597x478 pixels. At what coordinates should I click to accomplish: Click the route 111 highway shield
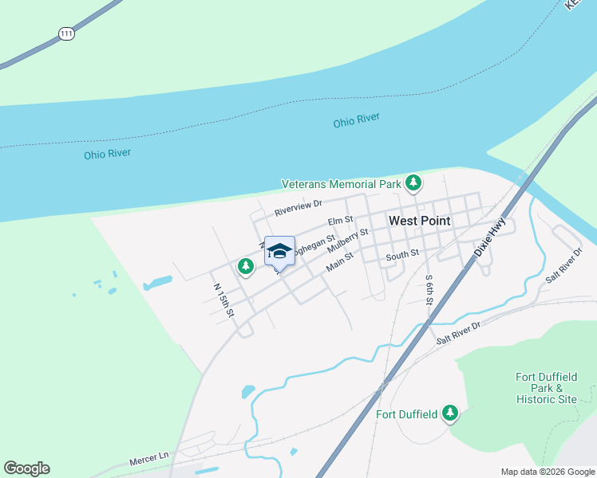point(66,34)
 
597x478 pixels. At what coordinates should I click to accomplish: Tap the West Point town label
point(419,221)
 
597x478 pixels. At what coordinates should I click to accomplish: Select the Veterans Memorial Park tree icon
point(413,183)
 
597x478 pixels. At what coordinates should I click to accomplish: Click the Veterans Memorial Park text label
point(341,184)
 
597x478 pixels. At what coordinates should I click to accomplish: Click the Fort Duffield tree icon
point(451,413)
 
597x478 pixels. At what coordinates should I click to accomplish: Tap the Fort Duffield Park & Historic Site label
point(546,387)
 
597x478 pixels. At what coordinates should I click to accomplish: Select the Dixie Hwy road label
point(490,237)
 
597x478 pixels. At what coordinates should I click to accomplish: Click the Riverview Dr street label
point(297,209)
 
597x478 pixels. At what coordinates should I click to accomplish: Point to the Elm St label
point(340,221)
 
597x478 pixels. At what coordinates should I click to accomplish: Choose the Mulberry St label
point(347,241)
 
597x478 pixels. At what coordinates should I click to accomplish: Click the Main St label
point(338,261)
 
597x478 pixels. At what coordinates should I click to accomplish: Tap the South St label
point(402,255)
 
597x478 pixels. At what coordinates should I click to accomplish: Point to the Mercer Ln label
point(149,459)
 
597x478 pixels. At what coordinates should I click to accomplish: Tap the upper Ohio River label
point(356,120)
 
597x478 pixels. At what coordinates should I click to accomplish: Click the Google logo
point(26,468)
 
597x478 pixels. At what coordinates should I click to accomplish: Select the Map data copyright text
point(547,472)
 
